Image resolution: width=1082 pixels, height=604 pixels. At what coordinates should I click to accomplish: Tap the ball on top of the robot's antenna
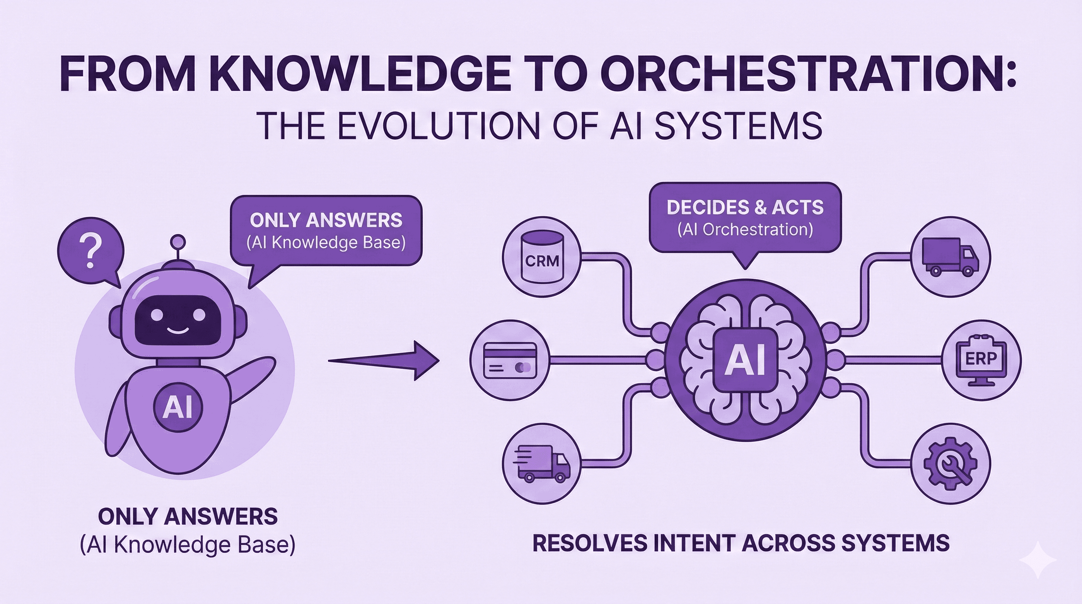(178, 242)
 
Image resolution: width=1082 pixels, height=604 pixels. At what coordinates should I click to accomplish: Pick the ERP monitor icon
(981, 359)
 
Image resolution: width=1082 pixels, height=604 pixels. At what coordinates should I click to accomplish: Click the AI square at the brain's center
(745, 359)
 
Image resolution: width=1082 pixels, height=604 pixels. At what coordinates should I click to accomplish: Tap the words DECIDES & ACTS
(745, 208)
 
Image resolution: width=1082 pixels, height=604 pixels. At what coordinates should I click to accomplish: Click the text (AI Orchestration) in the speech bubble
(745, 230)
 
